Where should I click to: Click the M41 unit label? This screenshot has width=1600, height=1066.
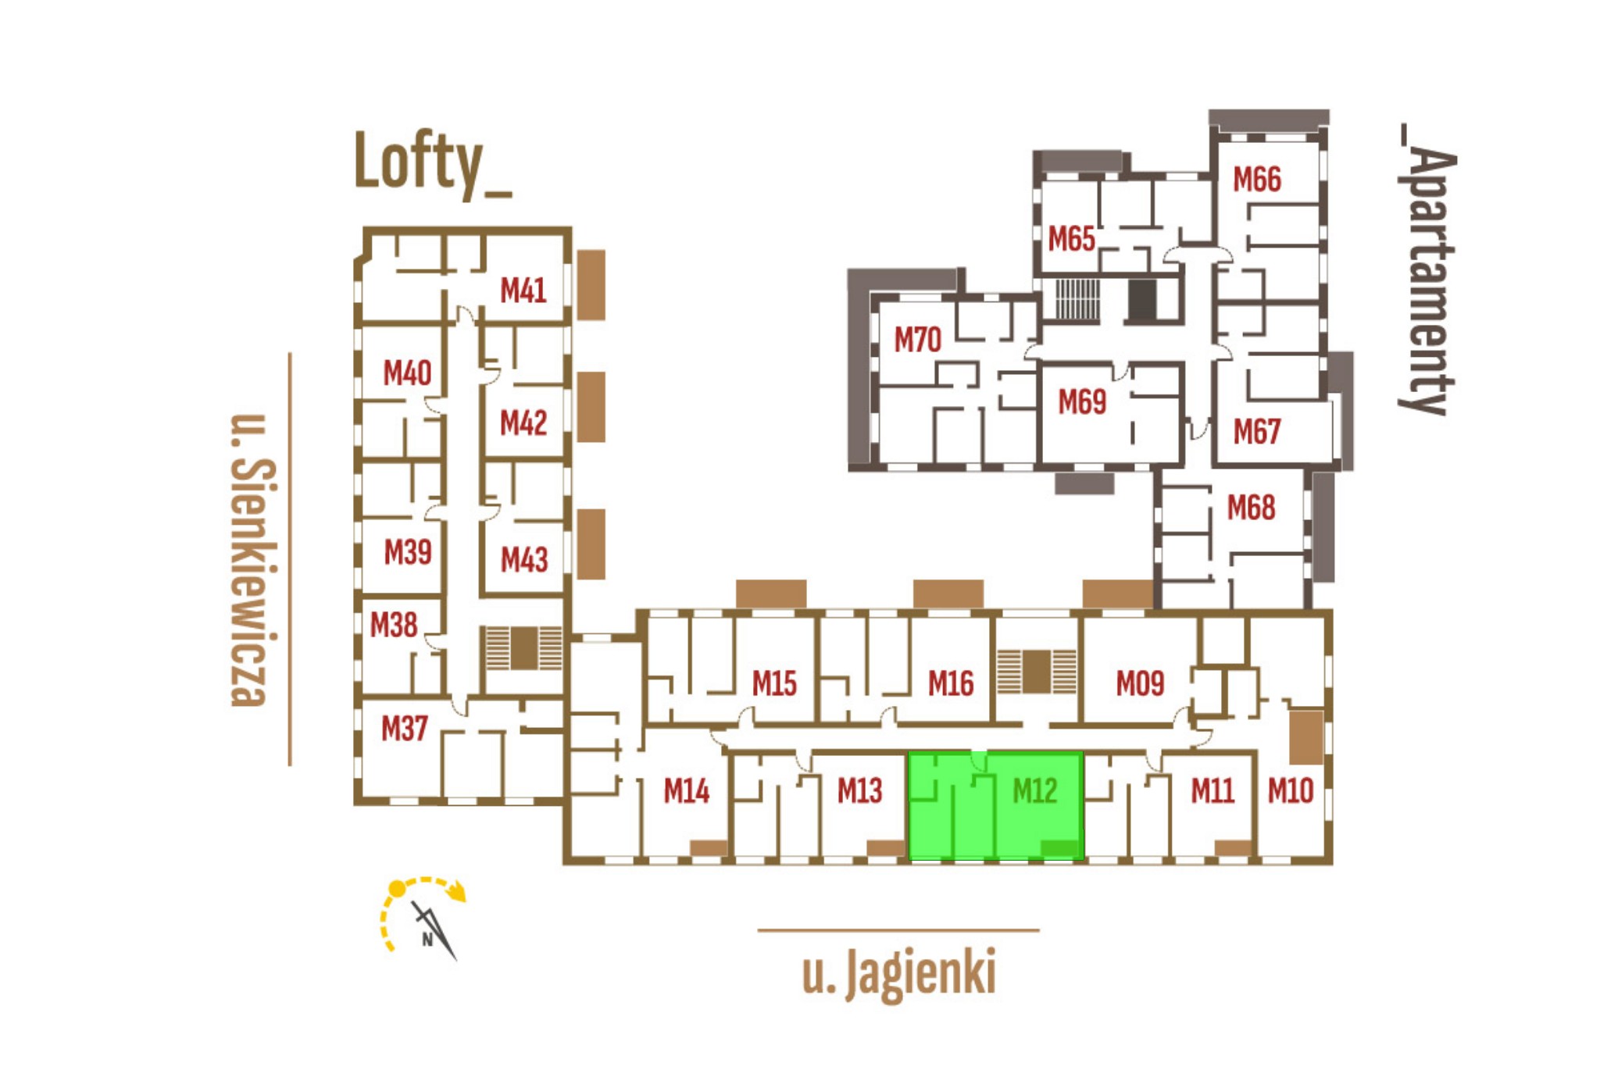click(523, 291)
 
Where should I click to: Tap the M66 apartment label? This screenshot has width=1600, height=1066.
click(1256, 180)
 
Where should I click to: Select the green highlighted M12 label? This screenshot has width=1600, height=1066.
click(1034, 791)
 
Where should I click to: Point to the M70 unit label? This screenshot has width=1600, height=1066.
click(917, 340)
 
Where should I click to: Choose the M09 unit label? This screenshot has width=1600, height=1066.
click(1140, 684)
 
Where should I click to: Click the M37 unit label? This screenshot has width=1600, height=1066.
click(404, 729)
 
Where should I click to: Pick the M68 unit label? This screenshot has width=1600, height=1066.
click(1251, 508)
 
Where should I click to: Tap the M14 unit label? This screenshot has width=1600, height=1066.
click(686, 791)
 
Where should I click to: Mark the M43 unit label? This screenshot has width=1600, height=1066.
click(523, 560)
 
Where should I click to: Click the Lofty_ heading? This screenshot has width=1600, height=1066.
click(432, 163)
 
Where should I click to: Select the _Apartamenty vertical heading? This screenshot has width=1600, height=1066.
click(1427, 269)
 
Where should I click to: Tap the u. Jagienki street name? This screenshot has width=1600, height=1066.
click(899, 973)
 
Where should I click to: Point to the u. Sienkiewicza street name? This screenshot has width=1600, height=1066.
click(252, 559)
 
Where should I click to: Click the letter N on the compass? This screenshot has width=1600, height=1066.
click(427, 939)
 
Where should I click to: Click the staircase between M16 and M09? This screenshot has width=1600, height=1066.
click(1036, 672)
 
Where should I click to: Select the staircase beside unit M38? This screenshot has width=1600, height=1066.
click(523, 648)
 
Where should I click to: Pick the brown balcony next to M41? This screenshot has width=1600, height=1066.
click(591, 284)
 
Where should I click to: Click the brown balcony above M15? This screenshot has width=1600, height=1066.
click(771, 594)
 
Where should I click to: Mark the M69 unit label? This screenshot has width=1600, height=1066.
click(1082, 402)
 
